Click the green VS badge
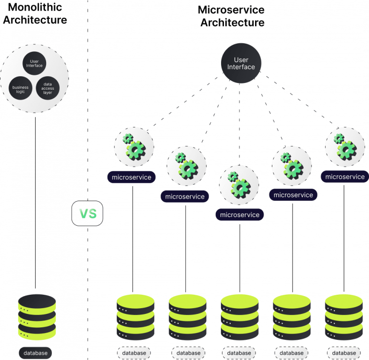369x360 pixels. (x=87, y=213)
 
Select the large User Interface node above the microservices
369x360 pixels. (x=241, y=63)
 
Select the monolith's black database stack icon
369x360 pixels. (x=37, y=316)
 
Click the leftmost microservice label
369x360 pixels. (x=131, y=177)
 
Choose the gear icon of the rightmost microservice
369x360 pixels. (x=344, y=146)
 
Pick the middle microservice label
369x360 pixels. (x=239, y=215)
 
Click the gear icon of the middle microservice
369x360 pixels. (x=239, y=184)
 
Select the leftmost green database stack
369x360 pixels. (x=135, y=317)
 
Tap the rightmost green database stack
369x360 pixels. (x=344, y=317)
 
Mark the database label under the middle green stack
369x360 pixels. (x=239, y=353)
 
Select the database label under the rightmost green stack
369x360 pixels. (x=344, y=353)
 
